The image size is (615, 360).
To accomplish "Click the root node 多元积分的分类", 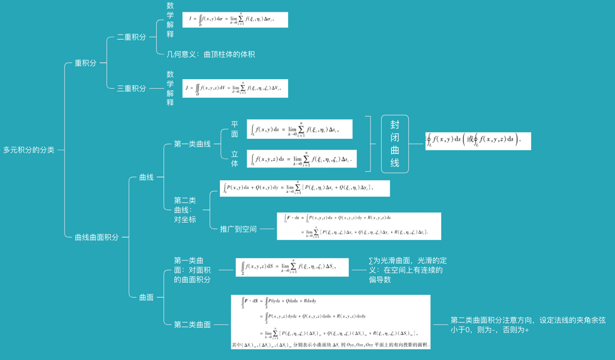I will [29, 150].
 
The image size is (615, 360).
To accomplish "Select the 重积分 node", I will [86, 63].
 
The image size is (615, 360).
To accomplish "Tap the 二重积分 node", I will [131, 37].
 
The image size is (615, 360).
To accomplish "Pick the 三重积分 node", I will [131, 88].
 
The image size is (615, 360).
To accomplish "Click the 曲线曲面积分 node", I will [97, 237].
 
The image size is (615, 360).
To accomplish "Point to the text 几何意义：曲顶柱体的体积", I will [211, 54].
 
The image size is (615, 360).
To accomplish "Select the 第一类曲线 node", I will [192, 144].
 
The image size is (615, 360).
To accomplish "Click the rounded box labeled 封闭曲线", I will [395, 144].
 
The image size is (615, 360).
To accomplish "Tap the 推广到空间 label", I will [238, 229].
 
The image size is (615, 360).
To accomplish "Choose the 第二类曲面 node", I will [192, 325].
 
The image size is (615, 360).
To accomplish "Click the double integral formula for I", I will [235, 20].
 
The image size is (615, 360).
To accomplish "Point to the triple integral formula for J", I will [235, 88].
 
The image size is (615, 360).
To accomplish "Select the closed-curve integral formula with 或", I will [478, 141].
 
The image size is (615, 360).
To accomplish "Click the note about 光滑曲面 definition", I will [407, 270].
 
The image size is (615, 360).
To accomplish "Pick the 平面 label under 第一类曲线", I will [234, 129].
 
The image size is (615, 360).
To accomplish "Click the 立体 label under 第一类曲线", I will [234, 159].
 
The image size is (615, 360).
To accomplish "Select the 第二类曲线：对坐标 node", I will [185, 209].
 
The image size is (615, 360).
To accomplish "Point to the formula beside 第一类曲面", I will [292, 267].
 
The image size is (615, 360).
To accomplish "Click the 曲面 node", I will [146, 297].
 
